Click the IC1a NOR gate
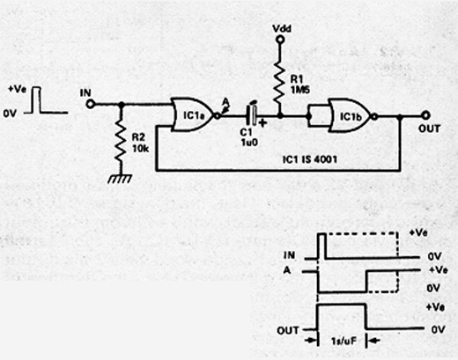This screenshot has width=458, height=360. tap(194, 114)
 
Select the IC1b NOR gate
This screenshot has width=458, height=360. tap(351, 116)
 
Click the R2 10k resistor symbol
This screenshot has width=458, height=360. tap(121, 143)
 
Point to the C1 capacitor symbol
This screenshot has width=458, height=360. tap(252, 116)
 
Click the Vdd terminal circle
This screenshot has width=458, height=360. tap(280, 40)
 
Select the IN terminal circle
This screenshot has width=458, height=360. tap(90, 104)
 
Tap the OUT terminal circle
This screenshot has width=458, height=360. tap(425, 115)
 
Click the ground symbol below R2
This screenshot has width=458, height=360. tap(120, 179)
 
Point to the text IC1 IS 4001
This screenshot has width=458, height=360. tap(309, 159)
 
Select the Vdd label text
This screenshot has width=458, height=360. tap(282, 29)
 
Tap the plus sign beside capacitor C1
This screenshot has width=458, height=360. tap(262, 123)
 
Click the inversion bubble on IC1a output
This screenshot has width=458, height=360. tap(217, 115)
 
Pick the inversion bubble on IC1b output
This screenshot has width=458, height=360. tap(374, 117)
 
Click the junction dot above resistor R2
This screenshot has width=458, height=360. tap(121, 104)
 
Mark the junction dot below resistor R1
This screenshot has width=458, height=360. tap(280, 116)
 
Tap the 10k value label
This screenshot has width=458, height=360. tap(140, 149)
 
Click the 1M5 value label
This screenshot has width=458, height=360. tap(299, 90)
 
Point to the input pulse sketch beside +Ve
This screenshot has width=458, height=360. tap(46, 99)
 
